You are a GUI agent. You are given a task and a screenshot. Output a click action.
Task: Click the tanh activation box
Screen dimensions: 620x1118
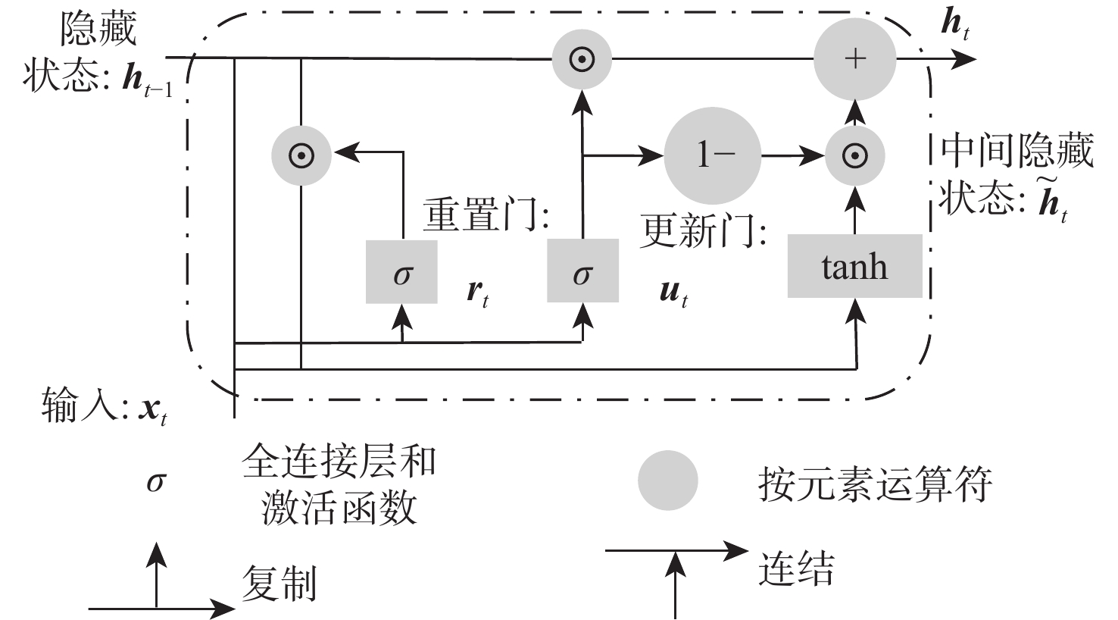pos(854,266)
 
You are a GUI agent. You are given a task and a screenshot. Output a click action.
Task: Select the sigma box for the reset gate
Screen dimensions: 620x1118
pos(401,272)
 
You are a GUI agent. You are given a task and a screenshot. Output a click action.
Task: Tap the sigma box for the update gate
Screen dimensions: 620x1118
pos(582,272)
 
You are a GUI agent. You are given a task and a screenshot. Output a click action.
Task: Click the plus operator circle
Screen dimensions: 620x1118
pos(854,59)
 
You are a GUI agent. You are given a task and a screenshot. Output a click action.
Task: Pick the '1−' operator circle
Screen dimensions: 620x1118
pos(712,155)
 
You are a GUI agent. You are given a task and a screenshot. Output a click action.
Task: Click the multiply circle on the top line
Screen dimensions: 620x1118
pos(582,59)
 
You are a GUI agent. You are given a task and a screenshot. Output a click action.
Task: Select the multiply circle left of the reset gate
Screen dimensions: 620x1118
pos(301,155)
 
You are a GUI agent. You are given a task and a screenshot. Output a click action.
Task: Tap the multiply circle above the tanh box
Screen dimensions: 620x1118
pos(854,155)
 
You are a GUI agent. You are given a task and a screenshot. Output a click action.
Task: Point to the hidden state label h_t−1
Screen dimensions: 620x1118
pos(148,80)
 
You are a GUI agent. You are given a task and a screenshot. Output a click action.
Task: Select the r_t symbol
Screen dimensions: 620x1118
pos(477,293)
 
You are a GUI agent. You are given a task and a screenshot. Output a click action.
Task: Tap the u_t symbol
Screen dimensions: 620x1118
pos(673,293)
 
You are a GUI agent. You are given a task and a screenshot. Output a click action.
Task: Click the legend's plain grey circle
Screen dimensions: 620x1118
pos(667,481)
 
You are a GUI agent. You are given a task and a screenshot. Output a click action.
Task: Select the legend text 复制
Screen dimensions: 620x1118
pos(279,584)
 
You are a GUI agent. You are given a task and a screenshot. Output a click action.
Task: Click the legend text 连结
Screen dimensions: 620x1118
pos(795,568)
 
